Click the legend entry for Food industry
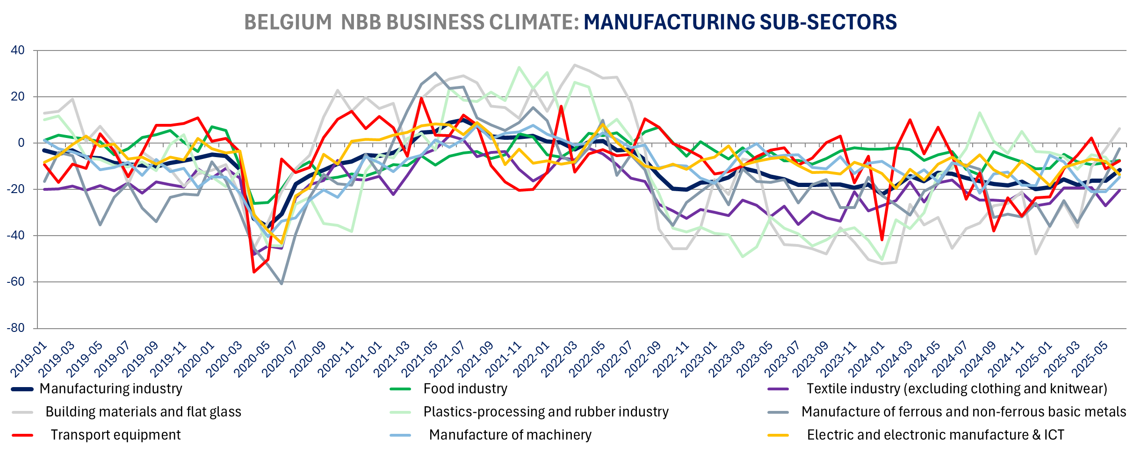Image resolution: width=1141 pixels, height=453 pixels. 465,389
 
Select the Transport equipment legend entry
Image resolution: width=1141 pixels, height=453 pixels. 115,435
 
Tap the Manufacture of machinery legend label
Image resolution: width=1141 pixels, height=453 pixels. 510,435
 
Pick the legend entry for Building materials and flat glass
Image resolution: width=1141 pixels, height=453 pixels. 143,412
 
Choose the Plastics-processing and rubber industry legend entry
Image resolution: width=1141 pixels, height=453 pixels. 546,412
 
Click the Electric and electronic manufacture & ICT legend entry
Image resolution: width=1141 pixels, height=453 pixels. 935,435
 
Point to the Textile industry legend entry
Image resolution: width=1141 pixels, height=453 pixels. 956,389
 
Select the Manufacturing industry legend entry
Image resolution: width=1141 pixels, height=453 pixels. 111,389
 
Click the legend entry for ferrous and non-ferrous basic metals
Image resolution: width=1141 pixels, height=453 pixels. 963,412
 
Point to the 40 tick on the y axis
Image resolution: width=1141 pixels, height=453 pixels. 18,50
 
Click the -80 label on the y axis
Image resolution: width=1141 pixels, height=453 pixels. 16,328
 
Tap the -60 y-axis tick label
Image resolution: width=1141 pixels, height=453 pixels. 16,282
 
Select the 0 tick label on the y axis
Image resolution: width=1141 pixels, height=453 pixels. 21,143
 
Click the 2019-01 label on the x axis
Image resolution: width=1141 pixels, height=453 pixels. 29,360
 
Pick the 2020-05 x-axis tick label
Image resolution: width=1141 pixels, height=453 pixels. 252,360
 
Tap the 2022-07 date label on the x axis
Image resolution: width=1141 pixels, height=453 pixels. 615,360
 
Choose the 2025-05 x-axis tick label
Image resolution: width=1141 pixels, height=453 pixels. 1090,360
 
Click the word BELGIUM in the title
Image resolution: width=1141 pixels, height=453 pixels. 288,22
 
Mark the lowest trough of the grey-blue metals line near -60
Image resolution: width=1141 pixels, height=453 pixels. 282,284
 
